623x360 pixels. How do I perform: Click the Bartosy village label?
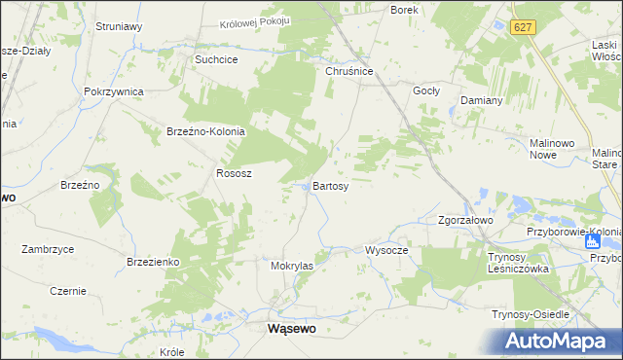330,185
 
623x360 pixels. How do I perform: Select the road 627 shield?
524,29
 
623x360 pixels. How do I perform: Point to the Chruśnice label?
349,70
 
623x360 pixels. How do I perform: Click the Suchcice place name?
217,58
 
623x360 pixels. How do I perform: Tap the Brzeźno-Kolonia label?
205,131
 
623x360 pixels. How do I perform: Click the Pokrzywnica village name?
114,90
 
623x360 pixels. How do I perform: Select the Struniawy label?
119,27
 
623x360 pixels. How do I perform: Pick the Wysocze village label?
386,249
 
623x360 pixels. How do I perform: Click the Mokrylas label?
292,265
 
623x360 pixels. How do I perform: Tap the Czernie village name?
68,291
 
